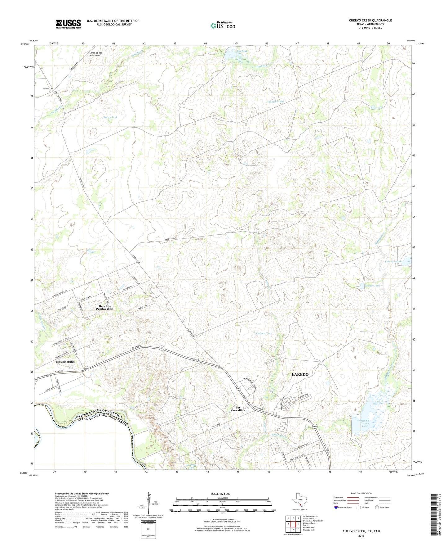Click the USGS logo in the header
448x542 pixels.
point(68,24)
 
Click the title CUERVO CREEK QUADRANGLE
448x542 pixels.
point(370,20)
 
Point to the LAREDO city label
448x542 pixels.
point(300,374)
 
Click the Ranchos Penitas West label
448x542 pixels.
point(104,307)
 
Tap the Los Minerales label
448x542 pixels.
point(65,362)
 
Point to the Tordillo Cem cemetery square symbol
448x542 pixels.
point(53,92)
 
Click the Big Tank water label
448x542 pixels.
point(242,51)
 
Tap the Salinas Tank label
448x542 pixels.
point(264,333)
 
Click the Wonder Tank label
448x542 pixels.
point(372,286)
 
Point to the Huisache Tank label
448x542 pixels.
point(275,102)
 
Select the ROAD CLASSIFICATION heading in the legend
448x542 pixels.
point(361,493)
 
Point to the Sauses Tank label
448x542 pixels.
point(110,117)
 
